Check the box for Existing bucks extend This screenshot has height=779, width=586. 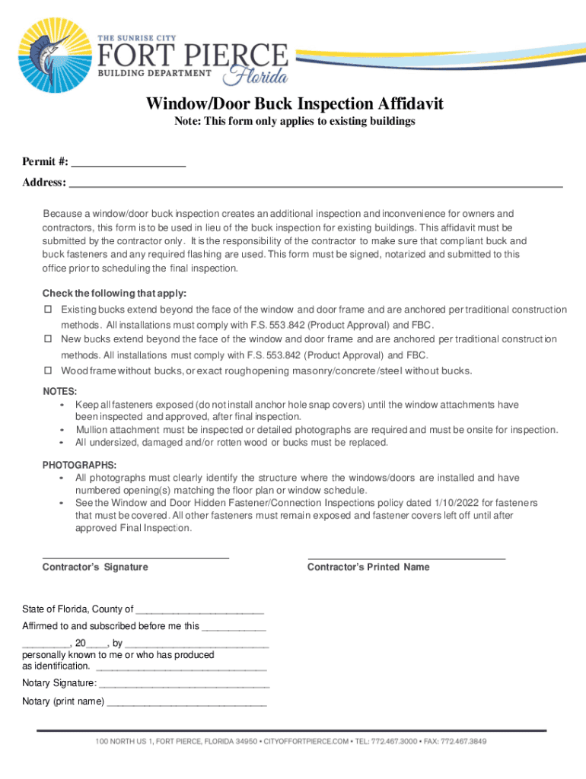pos(47,310)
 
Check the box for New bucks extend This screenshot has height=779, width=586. pos(47,339)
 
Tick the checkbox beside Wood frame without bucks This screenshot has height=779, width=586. pos(47,370)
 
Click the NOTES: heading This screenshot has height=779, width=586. pos(59,391)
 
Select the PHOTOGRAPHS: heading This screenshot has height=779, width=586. pos(79,465)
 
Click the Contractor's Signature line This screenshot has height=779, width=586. pos(135,558)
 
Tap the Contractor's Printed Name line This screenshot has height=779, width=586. pos(406,558)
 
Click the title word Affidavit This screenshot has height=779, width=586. pos(400,104)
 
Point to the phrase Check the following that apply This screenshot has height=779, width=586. pos(114,294)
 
